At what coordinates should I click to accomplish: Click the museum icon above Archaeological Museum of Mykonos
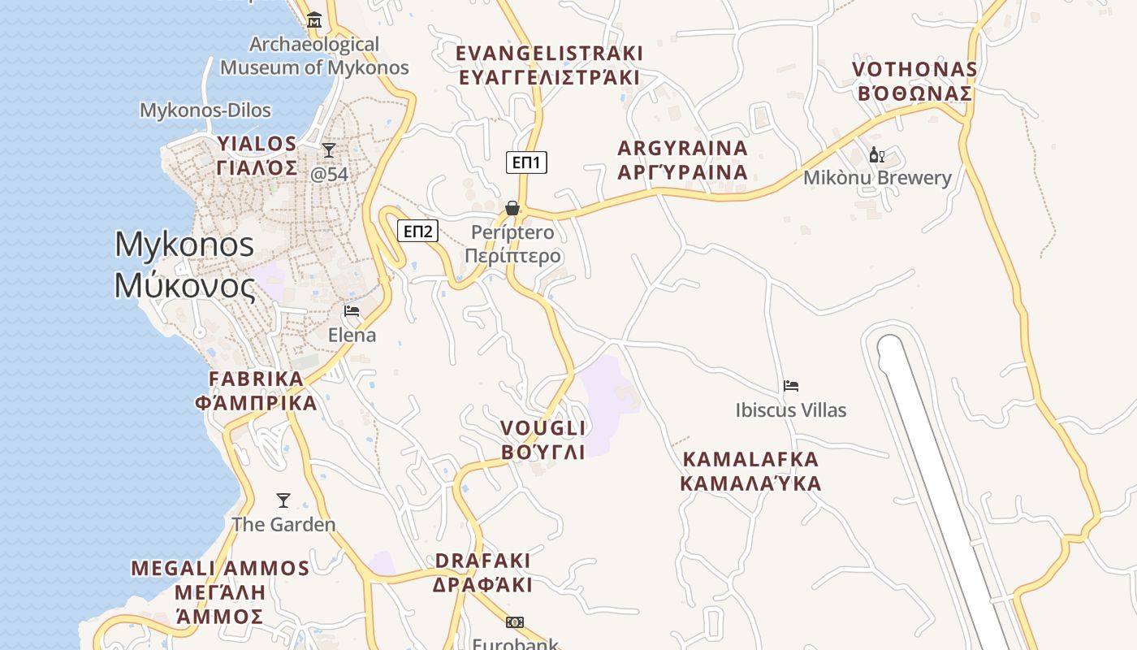(314, 20)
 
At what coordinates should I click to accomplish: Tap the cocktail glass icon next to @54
(329, 150)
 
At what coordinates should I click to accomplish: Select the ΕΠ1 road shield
(526, 162)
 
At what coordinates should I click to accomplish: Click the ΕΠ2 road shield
(417, 231)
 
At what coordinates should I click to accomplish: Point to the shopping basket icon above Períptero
(512, 209)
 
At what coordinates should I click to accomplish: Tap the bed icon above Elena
(352, 311)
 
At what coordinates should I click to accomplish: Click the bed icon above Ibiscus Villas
(791, 386)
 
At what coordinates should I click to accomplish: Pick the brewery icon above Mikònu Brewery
(876, 155)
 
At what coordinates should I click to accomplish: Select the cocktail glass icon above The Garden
(283, 500)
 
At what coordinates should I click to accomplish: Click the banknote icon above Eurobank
(515, 622)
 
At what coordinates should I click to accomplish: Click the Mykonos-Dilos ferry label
(205, 110)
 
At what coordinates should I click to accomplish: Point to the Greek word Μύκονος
(184, 286)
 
